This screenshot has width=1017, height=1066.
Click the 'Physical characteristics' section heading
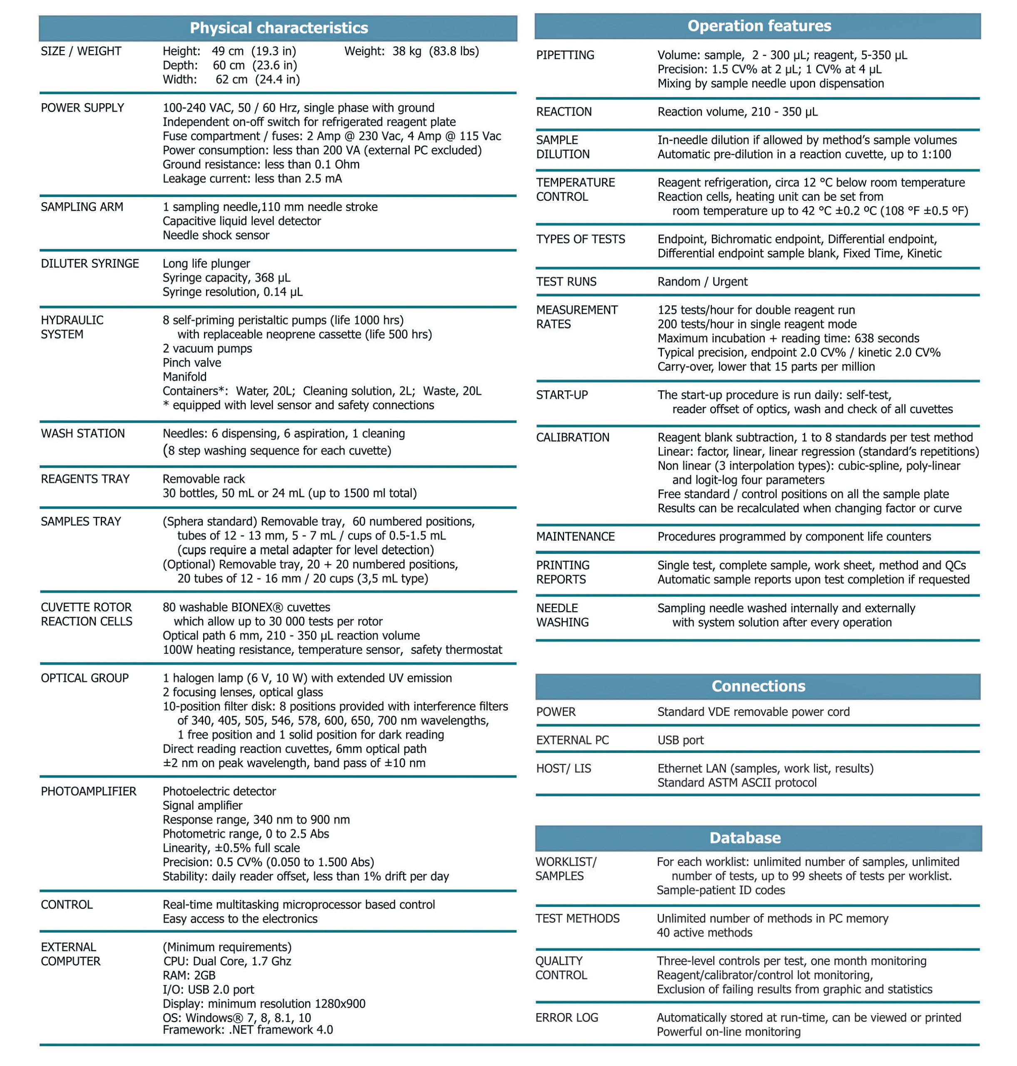coord(278,27)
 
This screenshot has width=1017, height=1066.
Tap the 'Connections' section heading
coord(758,686)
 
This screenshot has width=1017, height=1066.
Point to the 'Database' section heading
coord(745,838)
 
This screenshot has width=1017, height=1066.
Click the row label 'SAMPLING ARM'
coord(82,207)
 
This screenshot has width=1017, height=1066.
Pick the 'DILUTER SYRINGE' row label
coord(90,264)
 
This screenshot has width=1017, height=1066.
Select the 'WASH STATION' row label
coord(83,433)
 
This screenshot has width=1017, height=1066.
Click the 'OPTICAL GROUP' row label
coord(85,678)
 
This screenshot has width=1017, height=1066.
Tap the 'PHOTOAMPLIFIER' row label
coord(88,791)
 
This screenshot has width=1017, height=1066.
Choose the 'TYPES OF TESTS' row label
coord(581,239)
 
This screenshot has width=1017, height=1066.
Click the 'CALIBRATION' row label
coord(572,437)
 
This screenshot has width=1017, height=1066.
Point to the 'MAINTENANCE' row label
coord(575,536)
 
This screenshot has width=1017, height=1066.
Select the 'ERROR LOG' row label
coord(567,1017)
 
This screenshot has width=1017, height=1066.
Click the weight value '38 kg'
coord(407,51)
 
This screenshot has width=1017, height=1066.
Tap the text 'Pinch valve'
coord(192,362)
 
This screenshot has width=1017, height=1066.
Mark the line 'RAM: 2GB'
coord(189,975)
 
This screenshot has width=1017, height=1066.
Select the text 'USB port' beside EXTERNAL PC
coord(680,740)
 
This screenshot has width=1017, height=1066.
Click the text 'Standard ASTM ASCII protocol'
coord(737,782)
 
